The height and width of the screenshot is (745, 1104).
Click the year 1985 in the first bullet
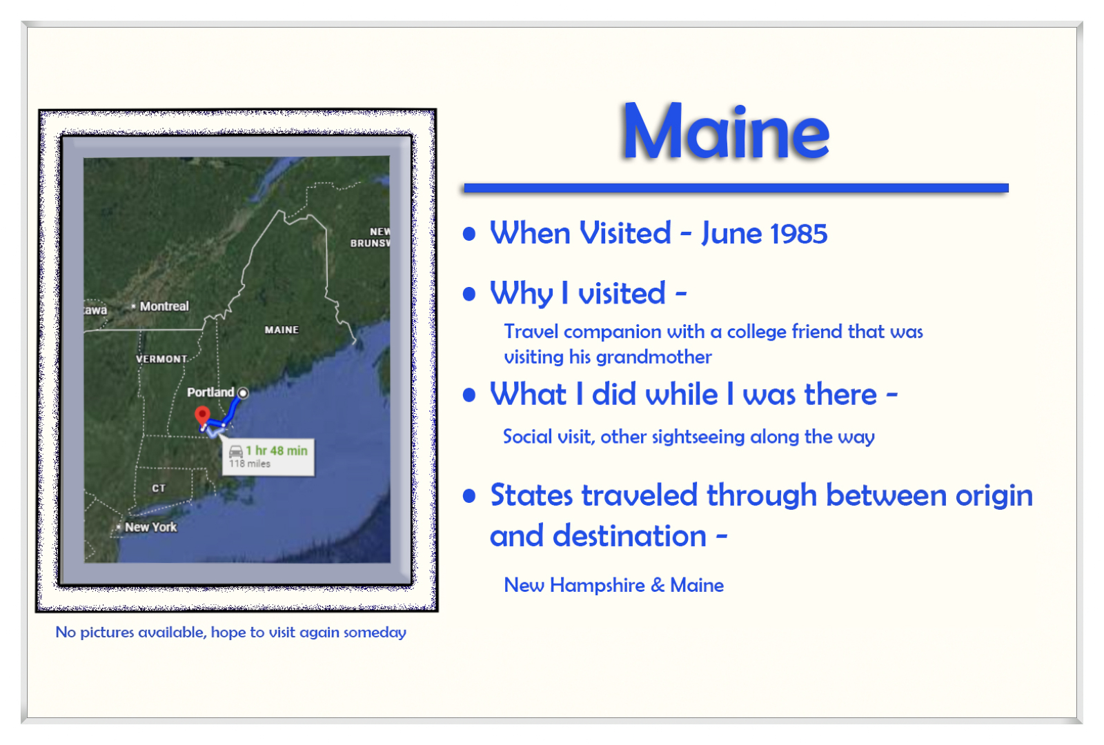(799, 234)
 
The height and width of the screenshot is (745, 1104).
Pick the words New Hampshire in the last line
(574, 586)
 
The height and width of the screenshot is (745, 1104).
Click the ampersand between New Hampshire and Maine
(658, 586)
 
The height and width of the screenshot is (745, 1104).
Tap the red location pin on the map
(202, 415)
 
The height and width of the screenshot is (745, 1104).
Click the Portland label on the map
(210, 393)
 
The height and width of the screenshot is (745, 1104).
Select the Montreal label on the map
(164, 306)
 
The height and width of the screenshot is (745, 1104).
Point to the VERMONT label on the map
(161, 359)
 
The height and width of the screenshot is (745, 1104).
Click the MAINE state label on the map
(282, 330)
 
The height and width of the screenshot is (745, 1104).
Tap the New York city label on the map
(150, 527)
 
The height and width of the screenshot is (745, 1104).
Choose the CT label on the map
(159, 488)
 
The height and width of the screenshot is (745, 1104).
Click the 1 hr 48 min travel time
(277, 450)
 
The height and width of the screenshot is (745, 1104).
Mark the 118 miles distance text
(250, 464)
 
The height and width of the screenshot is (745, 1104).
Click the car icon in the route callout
(236, 451)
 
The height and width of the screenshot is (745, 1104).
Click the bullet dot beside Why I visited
(470, 295)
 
